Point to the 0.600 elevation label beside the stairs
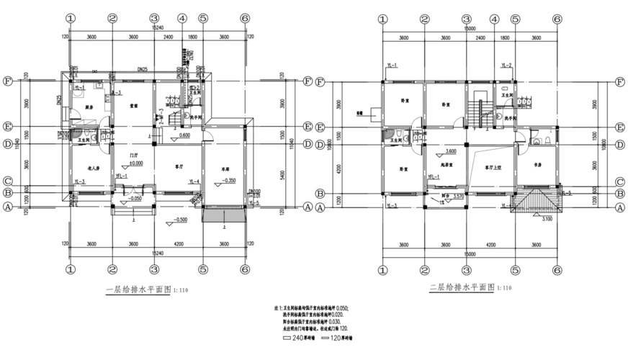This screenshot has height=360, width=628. pos(184,135)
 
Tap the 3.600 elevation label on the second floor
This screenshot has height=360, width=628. pos(452,152)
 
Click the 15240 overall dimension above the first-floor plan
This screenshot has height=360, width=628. pos(156,27)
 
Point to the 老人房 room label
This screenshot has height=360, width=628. pos(83,167)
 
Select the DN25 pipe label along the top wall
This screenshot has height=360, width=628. pos(143,68)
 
